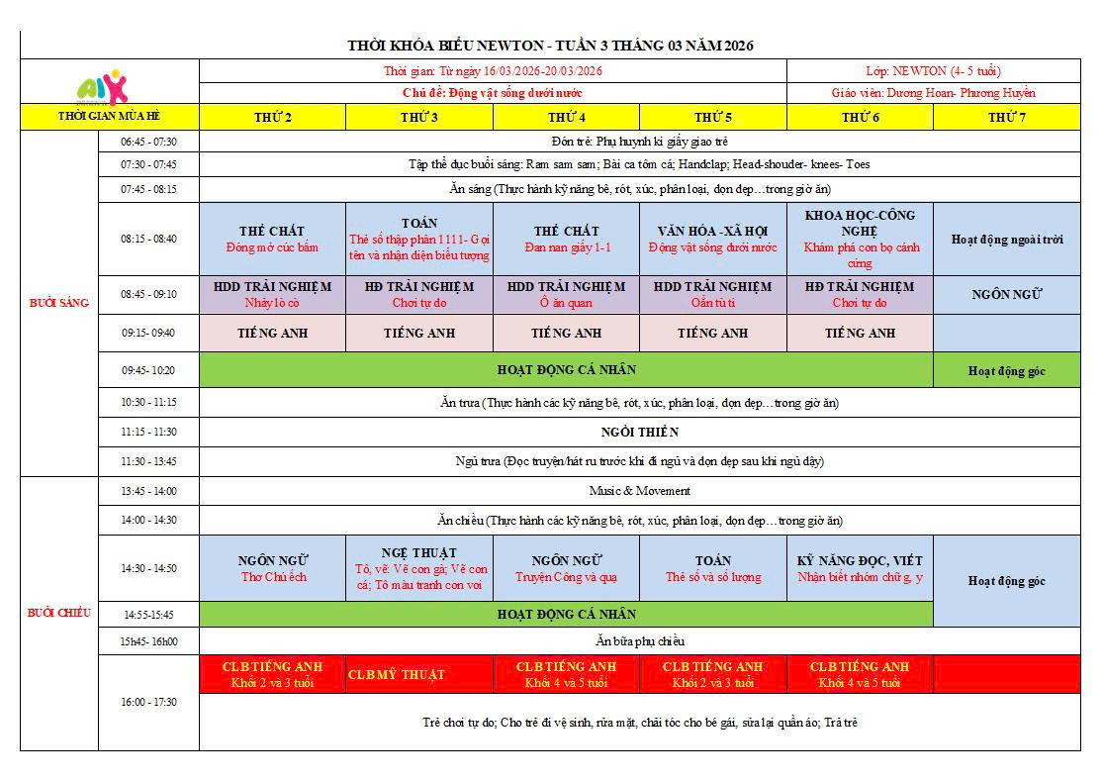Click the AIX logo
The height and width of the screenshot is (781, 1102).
tap(102, 86)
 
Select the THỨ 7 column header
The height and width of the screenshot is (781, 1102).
tap(1006, 117)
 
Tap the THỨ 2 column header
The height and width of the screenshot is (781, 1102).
tap(272, 117)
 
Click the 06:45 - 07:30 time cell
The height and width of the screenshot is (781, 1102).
tap(148, 142)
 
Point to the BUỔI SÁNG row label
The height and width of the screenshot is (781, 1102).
tap(58, 303)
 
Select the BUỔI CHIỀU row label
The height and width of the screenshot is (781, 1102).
tap(58, 613)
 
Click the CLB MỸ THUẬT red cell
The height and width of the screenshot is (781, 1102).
tap(397, 675)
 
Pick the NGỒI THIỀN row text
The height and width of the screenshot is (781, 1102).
tap(639, 433)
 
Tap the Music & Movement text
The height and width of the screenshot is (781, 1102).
tap(639, 491)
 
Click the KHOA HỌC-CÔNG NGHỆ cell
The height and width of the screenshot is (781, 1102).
tap(860, 239)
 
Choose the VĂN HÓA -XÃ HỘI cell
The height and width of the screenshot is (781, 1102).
tap(712, 239)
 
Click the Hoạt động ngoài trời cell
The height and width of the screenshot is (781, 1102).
tap(1006, 239)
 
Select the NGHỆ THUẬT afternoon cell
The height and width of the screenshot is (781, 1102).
tap(418, 568)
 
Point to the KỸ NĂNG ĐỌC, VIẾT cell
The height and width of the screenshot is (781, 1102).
tap(860, 568)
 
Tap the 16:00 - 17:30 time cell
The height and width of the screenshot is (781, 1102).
tap(148, 702)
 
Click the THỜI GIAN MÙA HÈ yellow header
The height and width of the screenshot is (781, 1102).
tap(109, 117)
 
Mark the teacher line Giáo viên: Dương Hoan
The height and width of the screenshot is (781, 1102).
tap(933, 93)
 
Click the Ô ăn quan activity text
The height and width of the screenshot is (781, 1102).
tap(566, 303)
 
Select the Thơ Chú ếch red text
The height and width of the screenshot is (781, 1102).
tap(273, 577)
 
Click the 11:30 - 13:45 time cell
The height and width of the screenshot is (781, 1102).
tap(148, 461)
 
